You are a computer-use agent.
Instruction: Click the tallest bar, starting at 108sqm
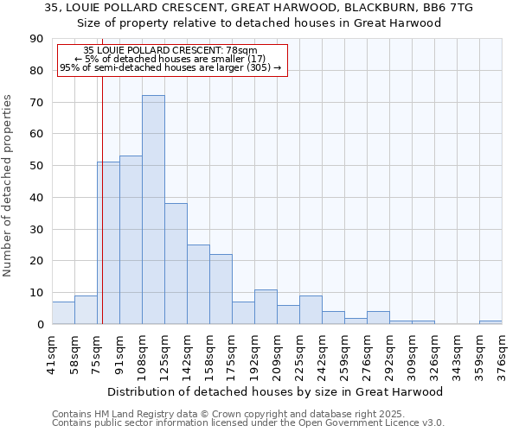(x=153, y=210)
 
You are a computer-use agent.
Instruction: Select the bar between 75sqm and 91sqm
(x=108, y=243)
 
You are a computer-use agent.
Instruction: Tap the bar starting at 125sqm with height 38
(x=176, y=264)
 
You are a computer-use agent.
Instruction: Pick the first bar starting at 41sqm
(x=63, y=313)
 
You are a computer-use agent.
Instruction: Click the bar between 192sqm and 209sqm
(x=266, y=307)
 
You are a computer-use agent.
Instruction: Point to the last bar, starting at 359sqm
(x=490, y=322)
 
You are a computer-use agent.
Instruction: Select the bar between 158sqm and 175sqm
(x=221, y=289)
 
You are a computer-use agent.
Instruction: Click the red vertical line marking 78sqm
(x=102, y=216)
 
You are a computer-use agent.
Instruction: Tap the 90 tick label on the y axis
(x=36, y=39)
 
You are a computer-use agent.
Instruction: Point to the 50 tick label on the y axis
(x=36, y=166)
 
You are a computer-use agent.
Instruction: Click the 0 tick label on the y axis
(x=40, y=324)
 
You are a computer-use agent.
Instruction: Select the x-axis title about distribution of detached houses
(x=277, y=391)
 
